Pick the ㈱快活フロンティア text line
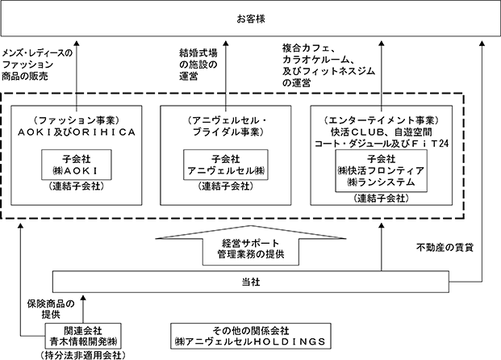click(381, 171)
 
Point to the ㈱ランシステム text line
click(381, 182)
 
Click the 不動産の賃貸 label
click(445, 248)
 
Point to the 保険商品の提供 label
click(51, 309)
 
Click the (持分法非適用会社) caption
click(83, 355)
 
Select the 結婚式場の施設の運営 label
click(198, 65)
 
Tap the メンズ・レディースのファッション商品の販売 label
click(37, 65)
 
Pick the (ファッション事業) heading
click(77, 120)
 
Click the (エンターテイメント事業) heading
click(381, 120)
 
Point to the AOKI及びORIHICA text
click(77, 132)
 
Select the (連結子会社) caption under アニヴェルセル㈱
click(226, 186)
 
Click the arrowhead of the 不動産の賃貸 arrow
click(482, 44)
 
